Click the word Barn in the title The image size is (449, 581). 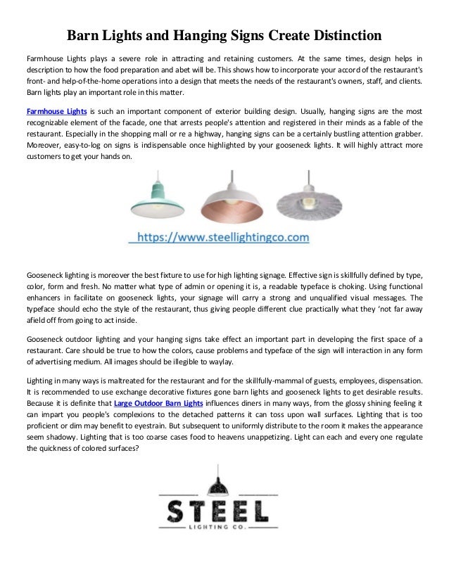[82, 34]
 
